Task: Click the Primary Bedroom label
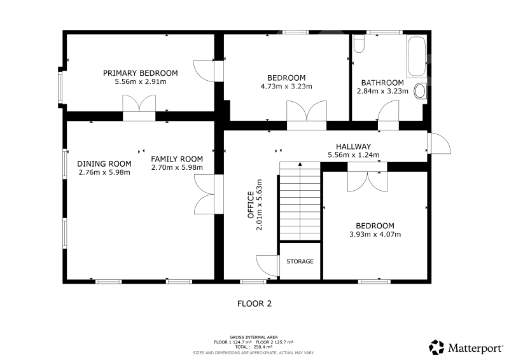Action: click(140, 73)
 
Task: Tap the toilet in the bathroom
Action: click(359, 44)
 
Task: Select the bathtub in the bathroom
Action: click(417, 57)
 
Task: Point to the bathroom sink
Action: click(421, 91)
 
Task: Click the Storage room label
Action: click(300, 261)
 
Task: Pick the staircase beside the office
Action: click(300, 201)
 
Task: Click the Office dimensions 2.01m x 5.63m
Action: click(259, 205)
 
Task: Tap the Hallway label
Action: click(354, 146)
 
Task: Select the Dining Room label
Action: click(104, 163)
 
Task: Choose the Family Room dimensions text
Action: click(177, 167)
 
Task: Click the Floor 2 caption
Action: click(254, 303)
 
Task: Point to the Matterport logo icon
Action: click(436, 347)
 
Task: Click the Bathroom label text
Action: click(382, 83)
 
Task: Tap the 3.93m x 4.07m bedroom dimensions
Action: click(375, 234)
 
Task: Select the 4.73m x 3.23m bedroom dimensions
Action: click(286, 87)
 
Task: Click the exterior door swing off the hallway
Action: click(440, 143)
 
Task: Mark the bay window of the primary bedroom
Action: click(60, 88)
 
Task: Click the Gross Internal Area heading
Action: click(253, 337)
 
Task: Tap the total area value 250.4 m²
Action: click(263, 347)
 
